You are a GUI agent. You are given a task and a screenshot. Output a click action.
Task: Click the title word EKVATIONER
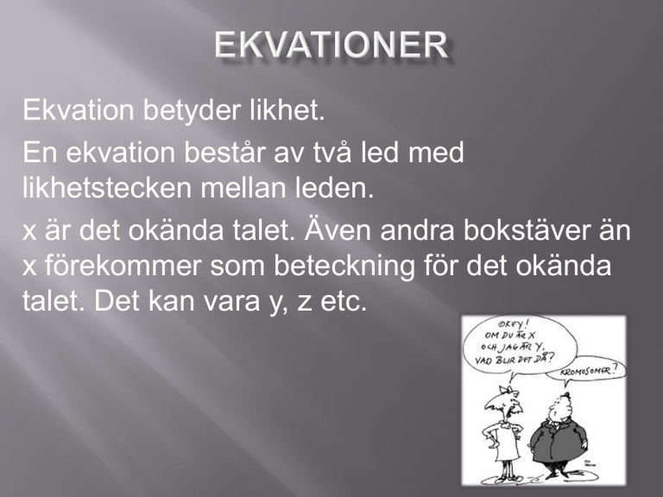(x=331, y=44)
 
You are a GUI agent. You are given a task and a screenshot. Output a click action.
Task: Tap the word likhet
(x=287, y=110)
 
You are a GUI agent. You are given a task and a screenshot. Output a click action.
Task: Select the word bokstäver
(x=526, y=230)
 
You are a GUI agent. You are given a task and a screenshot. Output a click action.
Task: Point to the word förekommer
(x=123, y=266)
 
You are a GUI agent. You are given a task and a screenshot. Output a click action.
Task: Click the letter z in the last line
(x=304, y=305)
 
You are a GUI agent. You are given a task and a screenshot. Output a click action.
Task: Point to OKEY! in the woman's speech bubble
(x=514, y=324)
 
